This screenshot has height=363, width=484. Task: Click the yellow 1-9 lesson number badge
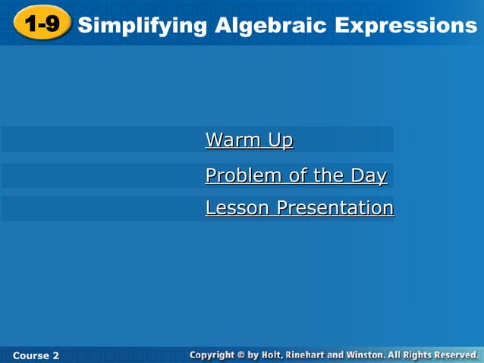coord(41,24)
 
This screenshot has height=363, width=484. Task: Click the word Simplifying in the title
coord(142,25)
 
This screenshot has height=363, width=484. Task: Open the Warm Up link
coord(249,140)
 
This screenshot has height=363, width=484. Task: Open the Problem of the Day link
coord(296,176)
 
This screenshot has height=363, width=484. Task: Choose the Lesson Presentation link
coord(299,208)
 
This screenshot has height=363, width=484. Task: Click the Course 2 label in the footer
coord(36,355)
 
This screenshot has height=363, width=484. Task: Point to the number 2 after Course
coord(55,355)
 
